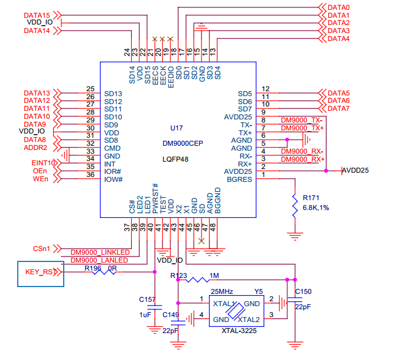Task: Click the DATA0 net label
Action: tap(339, 7)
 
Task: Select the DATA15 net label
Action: tap(37, 15)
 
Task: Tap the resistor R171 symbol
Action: tap(295, 206)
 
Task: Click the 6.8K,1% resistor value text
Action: tap(316, 208)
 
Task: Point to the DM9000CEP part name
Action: tap(183, 143)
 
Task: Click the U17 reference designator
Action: tap(176, 128)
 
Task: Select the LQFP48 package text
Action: tap(175, 159)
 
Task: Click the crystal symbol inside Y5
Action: tap(236, 311)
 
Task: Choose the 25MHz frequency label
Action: tap(222, 291)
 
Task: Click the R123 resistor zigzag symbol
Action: tap(198, 280)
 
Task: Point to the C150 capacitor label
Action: tap(303, 291)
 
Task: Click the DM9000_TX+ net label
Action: tap(302, 128)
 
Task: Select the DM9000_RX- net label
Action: tap(302, 151)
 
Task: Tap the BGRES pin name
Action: tap(240, 179)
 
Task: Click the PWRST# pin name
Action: tap(155, 198)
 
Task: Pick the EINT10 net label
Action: tap(43, 163)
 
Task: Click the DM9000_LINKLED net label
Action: tap(100, 252)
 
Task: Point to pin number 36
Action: tap(91, 174)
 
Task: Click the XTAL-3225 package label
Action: tap(239, 331)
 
